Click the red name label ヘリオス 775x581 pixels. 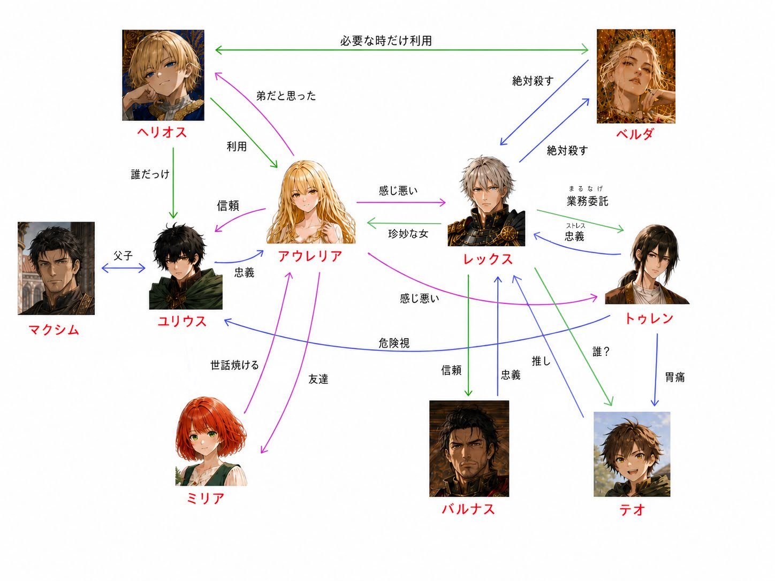162,133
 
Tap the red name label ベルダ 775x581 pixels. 635,134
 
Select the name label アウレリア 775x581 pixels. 310,256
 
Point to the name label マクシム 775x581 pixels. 54,330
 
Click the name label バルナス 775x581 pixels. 468,509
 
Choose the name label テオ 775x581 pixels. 632,510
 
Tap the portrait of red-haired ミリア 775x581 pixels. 211,441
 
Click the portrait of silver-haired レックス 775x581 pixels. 486,201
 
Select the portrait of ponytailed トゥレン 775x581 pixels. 647,264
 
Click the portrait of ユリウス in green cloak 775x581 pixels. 186,266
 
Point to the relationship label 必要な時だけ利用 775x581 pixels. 386,41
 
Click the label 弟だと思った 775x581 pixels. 286,96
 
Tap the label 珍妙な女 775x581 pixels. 408,234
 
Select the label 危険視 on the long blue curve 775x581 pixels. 394,343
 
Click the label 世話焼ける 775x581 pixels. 235,365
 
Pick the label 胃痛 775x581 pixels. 675,377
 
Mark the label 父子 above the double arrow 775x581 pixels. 123,256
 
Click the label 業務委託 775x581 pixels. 588,201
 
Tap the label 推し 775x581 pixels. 541,361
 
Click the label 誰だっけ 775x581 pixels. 150,174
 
